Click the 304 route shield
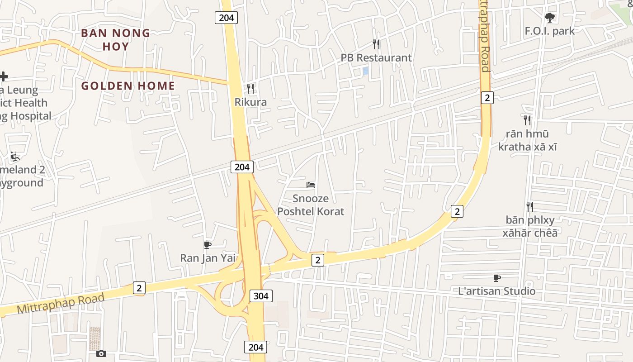click(261, 296)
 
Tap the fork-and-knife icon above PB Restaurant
click(376, 44)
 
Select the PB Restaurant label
click(376, 58)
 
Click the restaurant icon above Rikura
click(250, 88)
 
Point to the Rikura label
click(250, 102)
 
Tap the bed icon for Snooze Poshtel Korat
click(311, 185)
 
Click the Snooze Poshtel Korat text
click(311, 205)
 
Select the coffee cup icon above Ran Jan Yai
click(208, 245)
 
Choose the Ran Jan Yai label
click(208, 258)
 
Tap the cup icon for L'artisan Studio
click(497, 278)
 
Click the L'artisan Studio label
click(497, 291)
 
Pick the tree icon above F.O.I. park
click(550, 18)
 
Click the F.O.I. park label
click(550, 31)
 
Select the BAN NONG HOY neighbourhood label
click(116, 39)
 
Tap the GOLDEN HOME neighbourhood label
click(128, 86)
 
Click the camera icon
click(101, 353)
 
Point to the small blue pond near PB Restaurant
click(365, 71)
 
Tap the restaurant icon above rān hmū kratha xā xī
click(527, 120)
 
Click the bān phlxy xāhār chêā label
click(530, 226)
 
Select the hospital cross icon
click(4, 76)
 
